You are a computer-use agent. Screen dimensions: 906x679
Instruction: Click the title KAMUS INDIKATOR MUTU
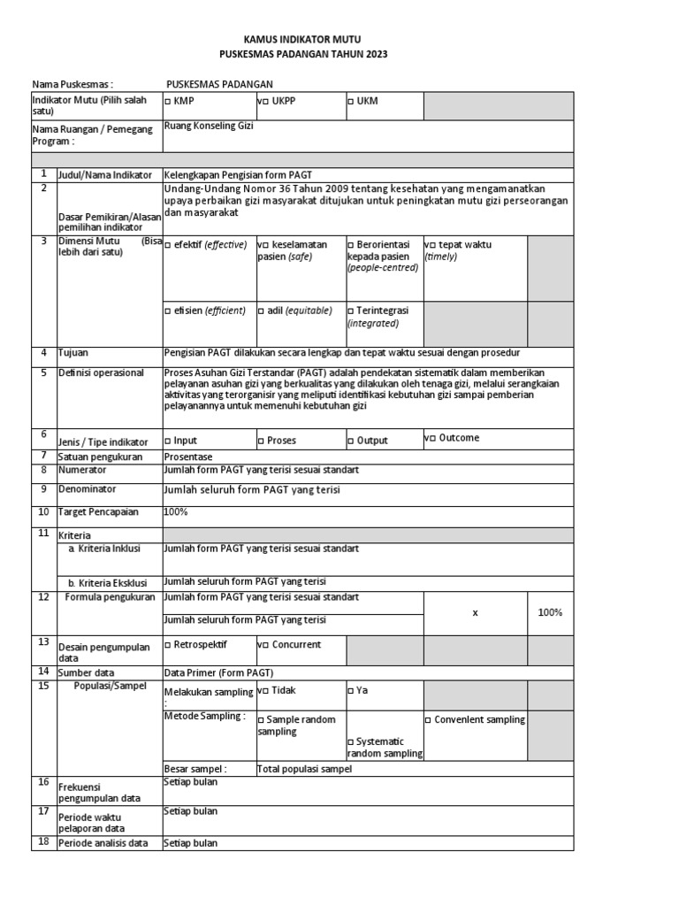click(x=302, y=40)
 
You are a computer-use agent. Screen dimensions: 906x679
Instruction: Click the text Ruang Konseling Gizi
click(x=209, y=127)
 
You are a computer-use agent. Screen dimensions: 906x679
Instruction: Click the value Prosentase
click(x=189, y=456)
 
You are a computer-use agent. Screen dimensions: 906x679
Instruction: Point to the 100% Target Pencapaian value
click(x=175, y=512)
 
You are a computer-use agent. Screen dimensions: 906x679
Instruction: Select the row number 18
click(x=42, y=842)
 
